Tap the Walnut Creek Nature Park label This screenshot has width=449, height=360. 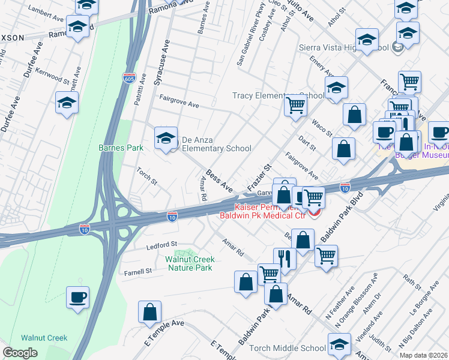[x=190, y=263]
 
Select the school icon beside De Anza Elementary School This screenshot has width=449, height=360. [x=166, y=139]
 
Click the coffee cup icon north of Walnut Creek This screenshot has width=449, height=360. [x=79, y=298]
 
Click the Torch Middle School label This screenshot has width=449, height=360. [x=291, y=348]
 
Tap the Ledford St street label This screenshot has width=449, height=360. [x=162, y=245]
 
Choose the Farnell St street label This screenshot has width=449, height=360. [x=137, y=271]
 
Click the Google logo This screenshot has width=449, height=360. [x=20, y=353]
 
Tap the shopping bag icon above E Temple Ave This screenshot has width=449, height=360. [x=149, y=312]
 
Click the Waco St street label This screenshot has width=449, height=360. [x=322, y=127]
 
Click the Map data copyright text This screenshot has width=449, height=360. [x=423, y=355]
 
